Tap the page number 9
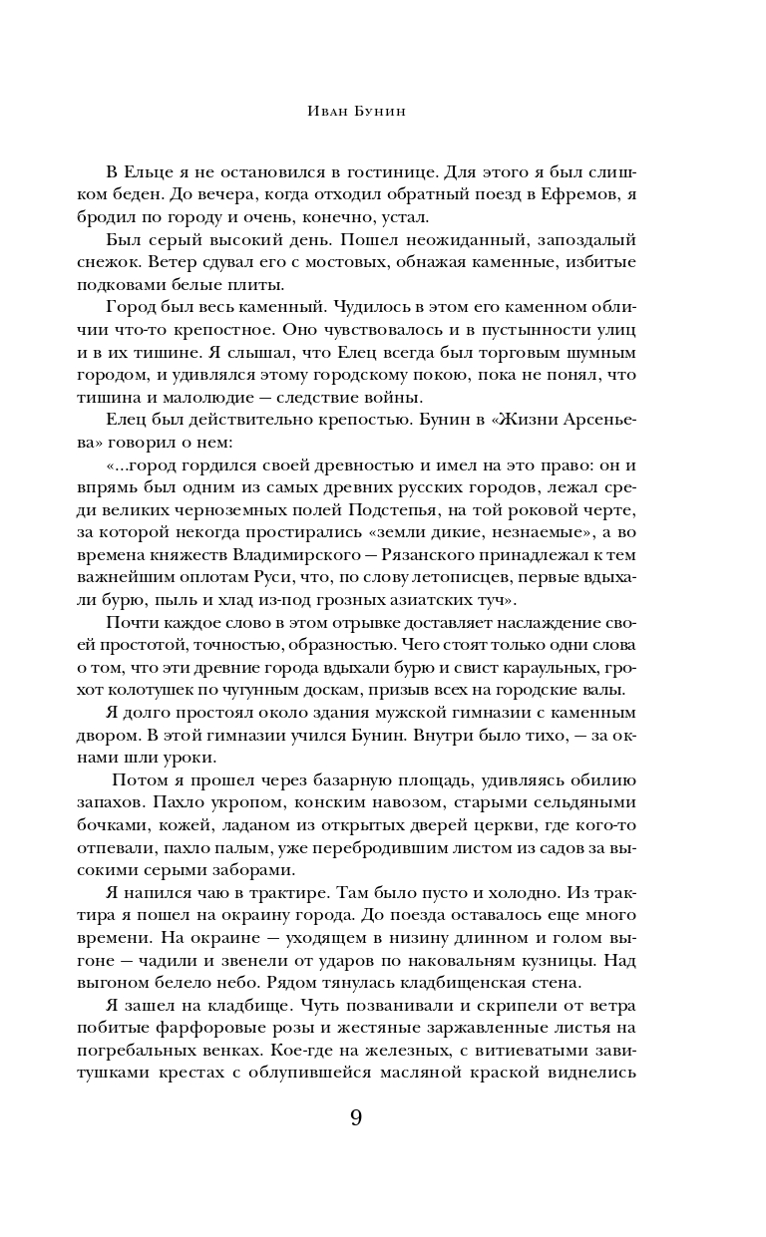pos(356,1116)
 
